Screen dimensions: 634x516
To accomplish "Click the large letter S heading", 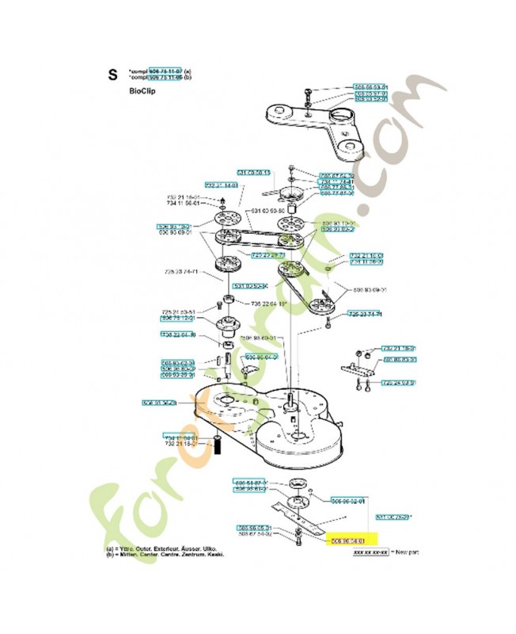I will click(x=112, y=76).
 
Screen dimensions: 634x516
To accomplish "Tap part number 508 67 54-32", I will click(x=255, y=534).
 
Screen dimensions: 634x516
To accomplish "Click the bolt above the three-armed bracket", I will click(x=307, y=94).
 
